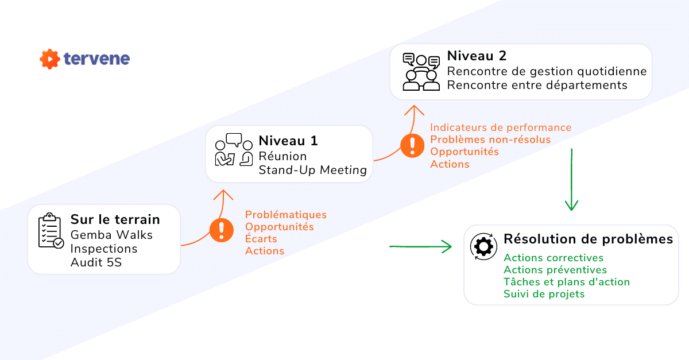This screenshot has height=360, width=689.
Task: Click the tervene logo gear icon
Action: (50, 59)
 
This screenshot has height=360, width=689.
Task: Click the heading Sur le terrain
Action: (115, 219)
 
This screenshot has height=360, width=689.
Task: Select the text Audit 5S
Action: (96, 262)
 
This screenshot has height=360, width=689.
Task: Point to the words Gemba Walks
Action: (111, 234)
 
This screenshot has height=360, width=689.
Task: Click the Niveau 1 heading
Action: (288, 141)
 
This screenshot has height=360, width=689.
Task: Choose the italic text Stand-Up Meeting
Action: (312, 169)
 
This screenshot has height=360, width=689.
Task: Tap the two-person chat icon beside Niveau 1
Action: (234, 150)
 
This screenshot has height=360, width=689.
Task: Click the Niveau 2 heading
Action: (477, 56)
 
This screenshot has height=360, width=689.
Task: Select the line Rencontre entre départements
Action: (537, 85)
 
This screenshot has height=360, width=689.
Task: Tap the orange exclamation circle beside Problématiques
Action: (221, 230)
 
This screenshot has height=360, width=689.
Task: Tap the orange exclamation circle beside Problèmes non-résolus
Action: (412, 145)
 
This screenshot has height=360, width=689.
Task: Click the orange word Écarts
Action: (261, 238)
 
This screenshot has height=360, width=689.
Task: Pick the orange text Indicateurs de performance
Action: (501, 127)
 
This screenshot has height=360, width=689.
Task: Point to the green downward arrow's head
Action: (571, 207)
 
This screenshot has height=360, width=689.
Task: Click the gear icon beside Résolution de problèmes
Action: (482, 246)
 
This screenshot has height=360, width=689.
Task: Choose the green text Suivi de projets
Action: (544, 294)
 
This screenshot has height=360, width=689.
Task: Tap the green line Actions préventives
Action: (555, 270)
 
